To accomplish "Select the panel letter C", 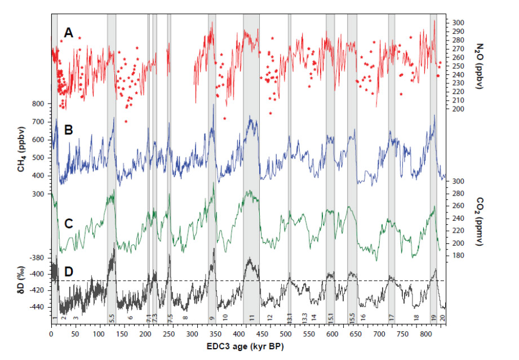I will (x=69, y=223).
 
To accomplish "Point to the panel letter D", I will (x=69, y=273).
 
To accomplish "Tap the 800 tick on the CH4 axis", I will (x=38, y=104).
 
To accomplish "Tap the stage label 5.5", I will (x=112, y=318).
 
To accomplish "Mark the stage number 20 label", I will (x=443, y=318).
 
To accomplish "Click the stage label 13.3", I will (x=304, y=318).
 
